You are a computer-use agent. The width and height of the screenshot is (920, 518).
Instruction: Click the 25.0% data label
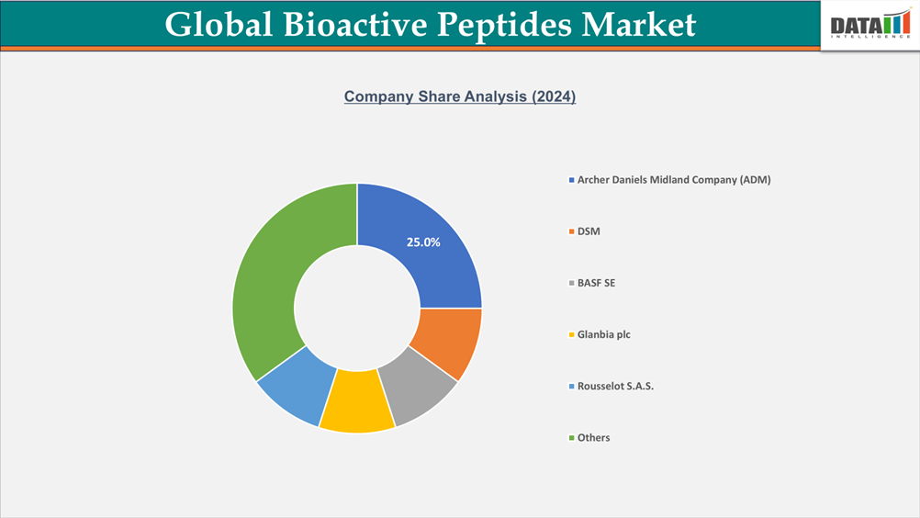click(423, 242)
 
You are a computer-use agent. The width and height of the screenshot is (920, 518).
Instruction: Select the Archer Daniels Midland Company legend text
click(674, 180)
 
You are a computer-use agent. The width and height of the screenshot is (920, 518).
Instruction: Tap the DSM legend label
click(589, 231)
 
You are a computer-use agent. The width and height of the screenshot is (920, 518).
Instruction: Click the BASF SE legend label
click(596, 283)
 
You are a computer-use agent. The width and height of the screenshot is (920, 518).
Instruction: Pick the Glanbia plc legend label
click(603, 334)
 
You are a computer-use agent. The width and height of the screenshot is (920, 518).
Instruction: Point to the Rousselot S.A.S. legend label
click(615, 386)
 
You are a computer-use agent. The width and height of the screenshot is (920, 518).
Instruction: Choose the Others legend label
click(593, 437)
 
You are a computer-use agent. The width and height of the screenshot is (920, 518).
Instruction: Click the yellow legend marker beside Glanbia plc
click(571, 334)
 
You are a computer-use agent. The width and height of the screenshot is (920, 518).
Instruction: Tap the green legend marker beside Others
click(571, 437)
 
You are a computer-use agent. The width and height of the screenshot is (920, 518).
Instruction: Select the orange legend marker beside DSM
click(571, 231)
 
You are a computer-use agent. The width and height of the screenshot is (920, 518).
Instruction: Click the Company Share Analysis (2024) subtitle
click(460, 96)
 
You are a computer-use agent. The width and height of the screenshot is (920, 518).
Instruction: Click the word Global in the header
click(218, 24)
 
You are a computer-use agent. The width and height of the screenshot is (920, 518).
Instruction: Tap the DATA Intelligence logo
click(869, 26)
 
